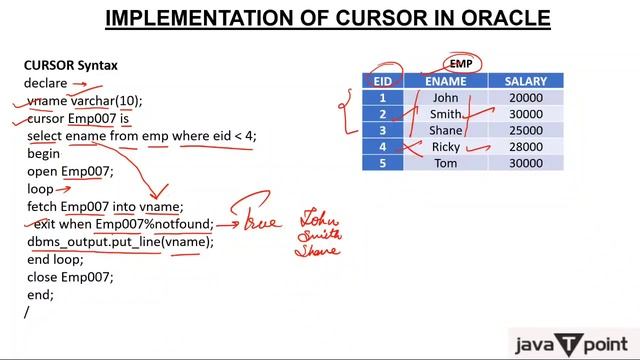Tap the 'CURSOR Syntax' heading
[x=70, y=66]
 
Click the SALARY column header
[x=525, y=80]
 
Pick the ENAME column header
[x=445, y=80]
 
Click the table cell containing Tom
[x=445, y=163]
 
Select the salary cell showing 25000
[x=525, y=131]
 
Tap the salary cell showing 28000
[x=525, y=147]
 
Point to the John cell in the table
[x=445, y=98]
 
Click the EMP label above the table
[x=461, y=64]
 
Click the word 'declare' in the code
[x=46, y=84]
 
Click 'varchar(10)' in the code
[x=107, y=101]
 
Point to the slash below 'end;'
[x=27, y=312]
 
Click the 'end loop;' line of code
[x=56, y=260]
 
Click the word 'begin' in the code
[x=43, y=154]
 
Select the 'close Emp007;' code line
[x=70, y=277]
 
